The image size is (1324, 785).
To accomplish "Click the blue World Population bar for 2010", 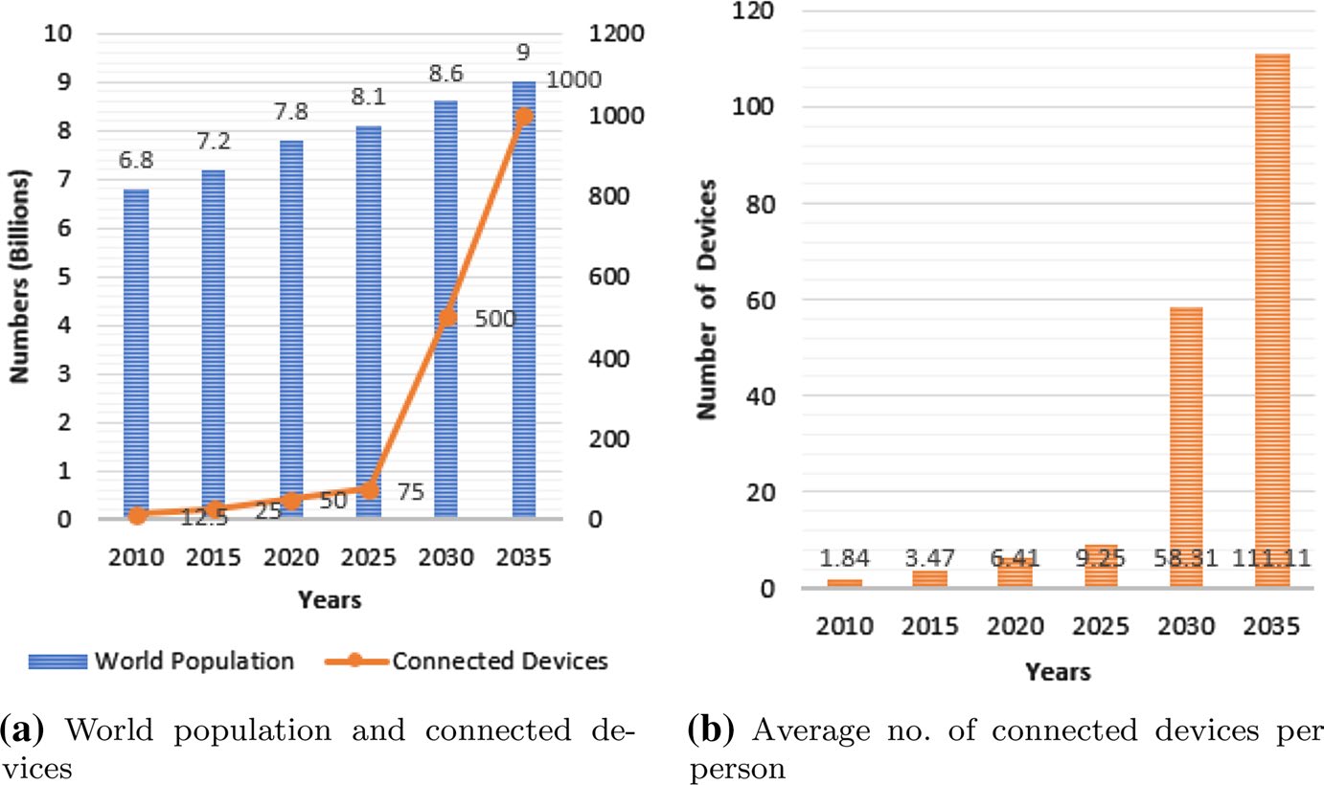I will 136,354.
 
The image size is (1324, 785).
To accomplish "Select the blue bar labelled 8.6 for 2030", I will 445,310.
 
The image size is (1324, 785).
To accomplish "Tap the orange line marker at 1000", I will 523,116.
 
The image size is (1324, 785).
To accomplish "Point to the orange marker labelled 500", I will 446,318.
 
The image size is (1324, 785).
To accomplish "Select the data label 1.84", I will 843,557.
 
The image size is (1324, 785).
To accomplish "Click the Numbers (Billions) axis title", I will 19,278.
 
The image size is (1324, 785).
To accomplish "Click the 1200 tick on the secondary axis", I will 618,34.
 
